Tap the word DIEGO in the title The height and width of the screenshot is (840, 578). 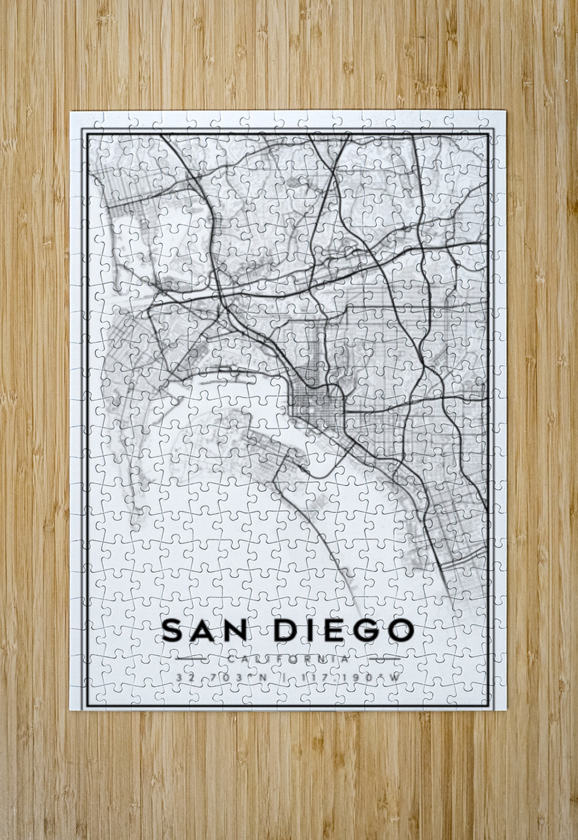[x=344, y=630]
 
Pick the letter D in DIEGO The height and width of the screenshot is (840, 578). [x=285, y=630]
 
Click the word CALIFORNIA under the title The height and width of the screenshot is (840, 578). [x=288, y=659]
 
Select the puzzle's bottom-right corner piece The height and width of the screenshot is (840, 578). [x=495, y=700]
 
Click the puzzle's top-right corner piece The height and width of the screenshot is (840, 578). [x=495, y=121]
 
